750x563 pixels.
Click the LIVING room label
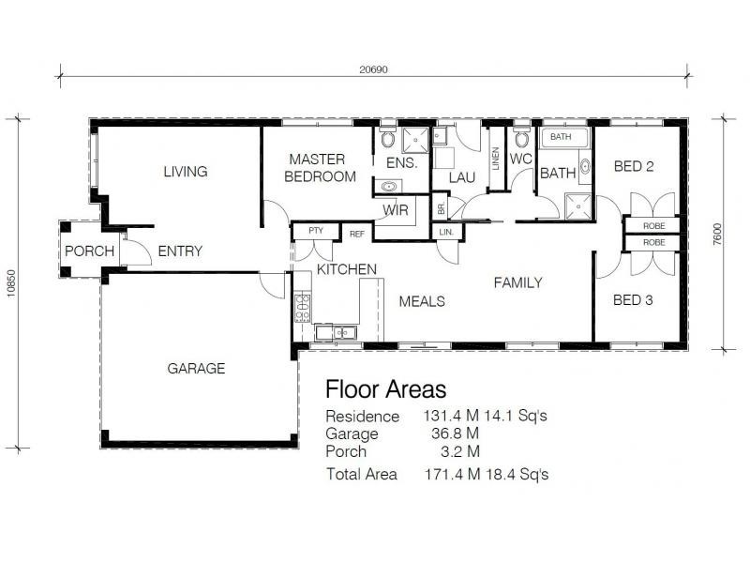pyautogui.click(x=185, y=172)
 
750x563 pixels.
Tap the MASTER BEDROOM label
pyautogui.click(x=321, y=168)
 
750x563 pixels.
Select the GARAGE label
pyautogui.click(x=196, y=369)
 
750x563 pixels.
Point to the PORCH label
pyautogui.click(x=90, y=251)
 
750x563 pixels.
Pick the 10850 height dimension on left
pyautogui.click(x=12, y=281)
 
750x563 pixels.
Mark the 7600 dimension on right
pyautogui.click(x=717, y=234)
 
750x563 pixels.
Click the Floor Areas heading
pyautogui.click(x=385, y=388)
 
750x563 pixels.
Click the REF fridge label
pyautogui.click(x=356, y=234)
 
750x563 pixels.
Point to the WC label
pyautogui.click(x=521, y=159)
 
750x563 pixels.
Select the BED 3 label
pyautogui.click(x=633, y=301)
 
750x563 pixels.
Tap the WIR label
pyautogui.click(x=394, y=209)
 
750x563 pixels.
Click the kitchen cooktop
pyautogui.click(x=302, y=303)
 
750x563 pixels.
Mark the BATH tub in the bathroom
pyautogui.click(x=562, y=137)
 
